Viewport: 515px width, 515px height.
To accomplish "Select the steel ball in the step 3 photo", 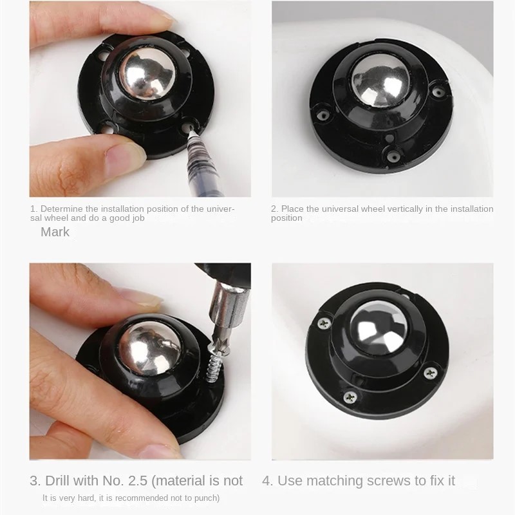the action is [x=149, y=348].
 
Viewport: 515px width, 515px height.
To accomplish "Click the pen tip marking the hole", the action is [x=191, y=131].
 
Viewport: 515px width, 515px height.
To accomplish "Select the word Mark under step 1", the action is [x=55, y=232].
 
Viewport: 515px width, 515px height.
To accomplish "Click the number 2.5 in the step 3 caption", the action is [x=137, y=481].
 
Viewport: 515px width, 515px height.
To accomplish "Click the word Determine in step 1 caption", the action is [x=61, y=209].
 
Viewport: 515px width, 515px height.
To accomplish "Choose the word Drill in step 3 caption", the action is [x=57, y=481].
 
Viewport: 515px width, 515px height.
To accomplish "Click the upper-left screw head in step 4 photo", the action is [x=324, y=323].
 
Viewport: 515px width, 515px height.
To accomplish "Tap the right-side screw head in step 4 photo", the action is [x=430, y=373].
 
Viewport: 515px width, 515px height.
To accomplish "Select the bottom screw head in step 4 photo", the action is [x=350, y=397].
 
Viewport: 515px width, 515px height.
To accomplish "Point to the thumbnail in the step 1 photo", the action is [x=124, y=157].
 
